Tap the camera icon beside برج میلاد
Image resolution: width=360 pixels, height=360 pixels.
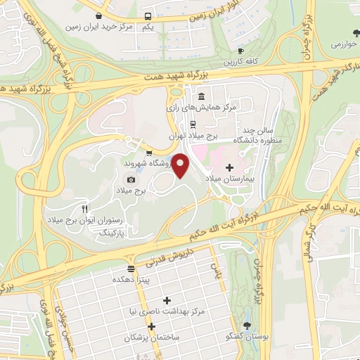pos(130,179)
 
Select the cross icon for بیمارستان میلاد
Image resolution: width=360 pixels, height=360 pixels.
pos(229,167)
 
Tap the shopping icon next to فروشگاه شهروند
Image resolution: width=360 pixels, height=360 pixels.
pos(148,152)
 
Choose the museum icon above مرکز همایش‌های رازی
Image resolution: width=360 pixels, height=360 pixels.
pos(201,96)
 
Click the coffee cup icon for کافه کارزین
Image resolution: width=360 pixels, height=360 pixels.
pos(240,51)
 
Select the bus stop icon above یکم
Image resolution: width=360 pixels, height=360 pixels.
pos(148,16)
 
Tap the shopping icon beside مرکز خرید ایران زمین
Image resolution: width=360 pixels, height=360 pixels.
pos(100,15)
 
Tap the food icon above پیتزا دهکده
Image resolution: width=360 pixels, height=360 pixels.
pos(130,269)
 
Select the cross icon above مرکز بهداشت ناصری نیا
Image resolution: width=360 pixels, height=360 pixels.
pos(167,300)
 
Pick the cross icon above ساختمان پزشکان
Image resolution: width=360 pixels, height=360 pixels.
pos(151,326)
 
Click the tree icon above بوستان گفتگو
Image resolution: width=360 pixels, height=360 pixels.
pos(247,325)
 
